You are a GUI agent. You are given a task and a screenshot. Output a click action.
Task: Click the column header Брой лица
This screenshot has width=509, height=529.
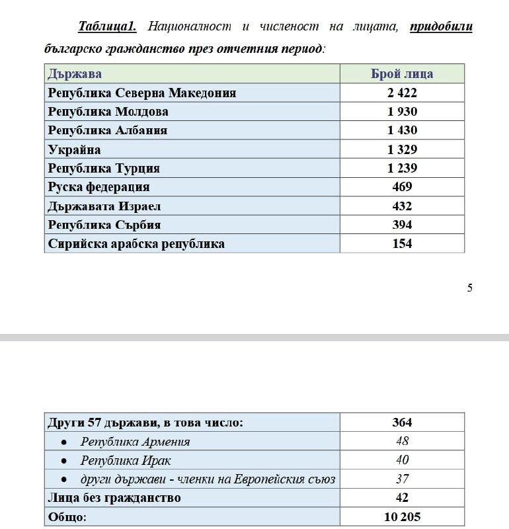[402, 73]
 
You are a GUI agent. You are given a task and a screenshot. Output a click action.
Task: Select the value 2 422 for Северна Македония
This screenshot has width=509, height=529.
[402, 93]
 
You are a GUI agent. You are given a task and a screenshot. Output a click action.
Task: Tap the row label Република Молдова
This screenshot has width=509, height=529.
[108, 112]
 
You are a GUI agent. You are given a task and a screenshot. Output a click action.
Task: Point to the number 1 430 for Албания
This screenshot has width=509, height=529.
[402, 130]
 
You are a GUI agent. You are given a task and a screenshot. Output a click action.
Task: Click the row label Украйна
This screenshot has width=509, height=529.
[75, 149]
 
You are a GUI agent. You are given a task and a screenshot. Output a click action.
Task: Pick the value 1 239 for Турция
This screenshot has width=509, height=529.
[402, 168]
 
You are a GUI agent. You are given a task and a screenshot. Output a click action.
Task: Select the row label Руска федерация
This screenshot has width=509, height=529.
[99, 187]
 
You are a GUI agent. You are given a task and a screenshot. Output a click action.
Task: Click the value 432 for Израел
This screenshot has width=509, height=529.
[402, 206]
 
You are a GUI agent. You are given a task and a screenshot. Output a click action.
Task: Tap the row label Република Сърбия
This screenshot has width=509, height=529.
[104, 225]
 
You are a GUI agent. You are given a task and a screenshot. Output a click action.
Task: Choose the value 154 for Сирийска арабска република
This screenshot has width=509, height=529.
[402, 243]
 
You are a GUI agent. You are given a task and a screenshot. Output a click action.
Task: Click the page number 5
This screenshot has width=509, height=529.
[469, 288]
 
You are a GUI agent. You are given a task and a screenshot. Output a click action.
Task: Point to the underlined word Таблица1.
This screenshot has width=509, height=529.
[107, 27]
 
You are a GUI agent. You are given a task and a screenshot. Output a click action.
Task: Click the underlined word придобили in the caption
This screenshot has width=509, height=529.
[441, 27]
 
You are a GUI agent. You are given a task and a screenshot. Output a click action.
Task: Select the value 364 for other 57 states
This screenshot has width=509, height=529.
[402, 423]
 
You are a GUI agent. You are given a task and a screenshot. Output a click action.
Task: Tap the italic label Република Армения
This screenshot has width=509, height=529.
[136, 441]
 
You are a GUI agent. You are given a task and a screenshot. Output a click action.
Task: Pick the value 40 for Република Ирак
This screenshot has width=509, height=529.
[402, 460]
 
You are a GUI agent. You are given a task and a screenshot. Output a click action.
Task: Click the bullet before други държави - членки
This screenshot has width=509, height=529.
[63, 479]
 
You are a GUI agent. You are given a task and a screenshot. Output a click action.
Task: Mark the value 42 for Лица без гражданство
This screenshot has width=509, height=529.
[402, 497]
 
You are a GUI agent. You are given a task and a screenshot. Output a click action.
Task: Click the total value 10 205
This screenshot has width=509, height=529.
[402, 516]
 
